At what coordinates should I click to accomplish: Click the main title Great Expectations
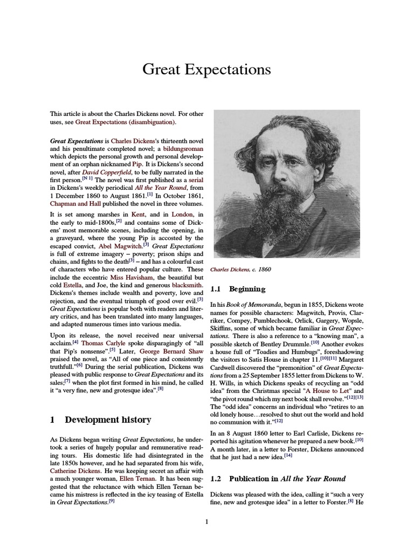tap(206, 70)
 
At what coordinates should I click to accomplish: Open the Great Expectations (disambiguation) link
tap(125, 122)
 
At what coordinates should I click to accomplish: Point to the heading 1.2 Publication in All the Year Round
tap(278, 478)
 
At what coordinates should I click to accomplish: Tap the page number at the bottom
tap(206, 521)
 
